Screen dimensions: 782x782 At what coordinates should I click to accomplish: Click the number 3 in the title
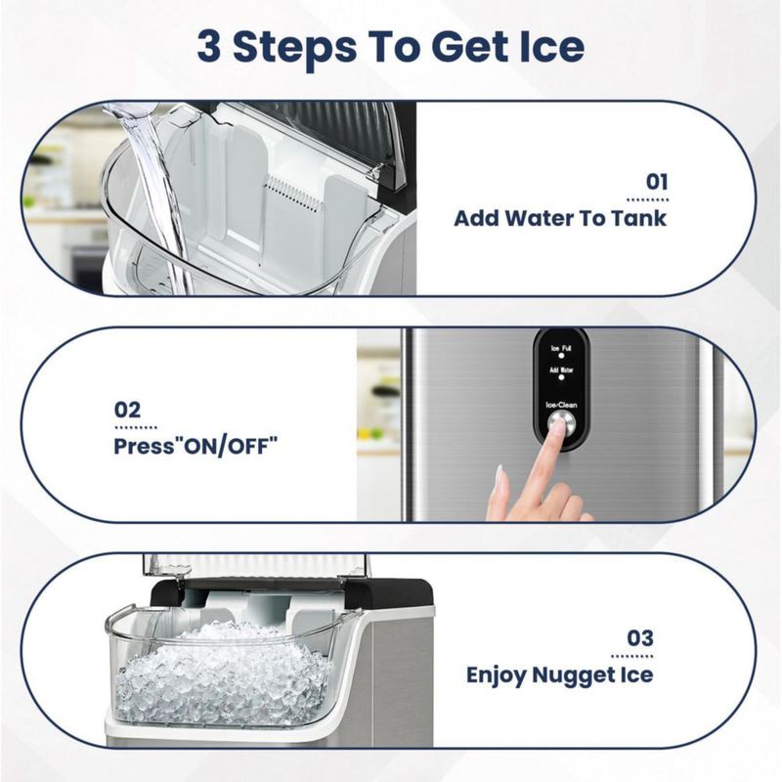point(209,46)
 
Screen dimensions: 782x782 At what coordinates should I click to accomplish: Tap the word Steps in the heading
point(295,48)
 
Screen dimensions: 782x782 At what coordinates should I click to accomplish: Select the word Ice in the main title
point(551,46)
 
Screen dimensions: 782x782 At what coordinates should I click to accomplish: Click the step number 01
point(657,182)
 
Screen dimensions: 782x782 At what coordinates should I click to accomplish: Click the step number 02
point(128,410)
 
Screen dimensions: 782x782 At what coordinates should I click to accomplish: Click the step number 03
point(640,638)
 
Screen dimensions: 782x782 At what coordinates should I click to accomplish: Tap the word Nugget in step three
point(573,675)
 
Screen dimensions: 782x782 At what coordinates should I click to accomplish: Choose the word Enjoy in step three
point(497,675)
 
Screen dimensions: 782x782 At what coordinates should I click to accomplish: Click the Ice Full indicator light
point(561,356)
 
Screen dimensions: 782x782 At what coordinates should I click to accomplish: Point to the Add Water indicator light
point(561,377)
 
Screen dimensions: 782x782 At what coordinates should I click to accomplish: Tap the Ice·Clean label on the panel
point(561,405)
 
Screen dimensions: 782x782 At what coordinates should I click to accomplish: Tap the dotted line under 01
point(647,200)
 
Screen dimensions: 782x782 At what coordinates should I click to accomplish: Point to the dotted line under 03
point(632,656)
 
